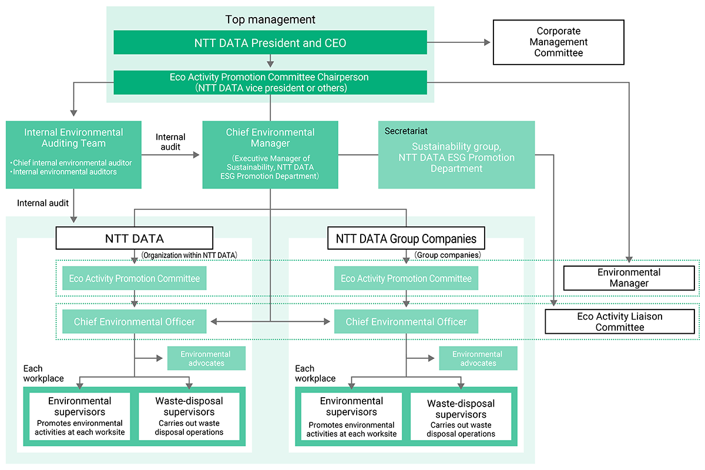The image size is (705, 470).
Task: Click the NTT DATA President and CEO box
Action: point(270,42)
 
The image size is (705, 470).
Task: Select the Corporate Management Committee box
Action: point(558,42)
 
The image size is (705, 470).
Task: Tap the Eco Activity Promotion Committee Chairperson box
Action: point(270,82)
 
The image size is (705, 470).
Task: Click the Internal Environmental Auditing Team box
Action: point(73,155)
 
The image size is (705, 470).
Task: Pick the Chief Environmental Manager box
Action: point(270,155)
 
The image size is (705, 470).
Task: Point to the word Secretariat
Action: point(406,131)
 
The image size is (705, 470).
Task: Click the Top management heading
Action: point(270,19)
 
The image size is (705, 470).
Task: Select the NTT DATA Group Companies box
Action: point(406,239)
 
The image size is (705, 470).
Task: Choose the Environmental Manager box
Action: point(629,278)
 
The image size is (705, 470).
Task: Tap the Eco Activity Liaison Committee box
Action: point(620,321)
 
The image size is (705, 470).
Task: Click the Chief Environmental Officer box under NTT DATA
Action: point(135,321)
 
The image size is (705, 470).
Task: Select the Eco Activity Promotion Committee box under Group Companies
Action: point(406,278)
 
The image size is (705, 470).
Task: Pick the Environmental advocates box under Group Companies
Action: point(478,358)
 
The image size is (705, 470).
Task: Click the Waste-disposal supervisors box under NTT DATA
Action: point(189,416)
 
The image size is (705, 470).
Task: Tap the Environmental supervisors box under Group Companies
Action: point(351,416)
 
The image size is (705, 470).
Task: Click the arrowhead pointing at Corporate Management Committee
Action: point(487,42)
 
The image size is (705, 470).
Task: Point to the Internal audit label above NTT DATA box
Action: point(43,203)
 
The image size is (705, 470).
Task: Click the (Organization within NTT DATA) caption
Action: point(189,255)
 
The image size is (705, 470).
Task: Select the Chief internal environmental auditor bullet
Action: point(71,163)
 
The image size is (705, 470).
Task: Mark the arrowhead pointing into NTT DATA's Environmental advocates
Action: point(160,358)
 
